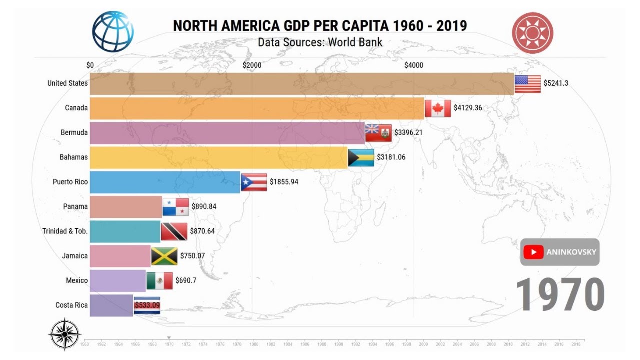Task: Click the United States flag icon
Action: pos(527,84)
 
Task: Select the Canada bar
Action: pos(257,108)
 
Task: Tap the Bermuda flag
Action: pos(378,133)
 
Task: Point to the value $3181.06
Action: pos(391,157)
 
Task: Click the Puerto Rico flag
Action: pos(254,182)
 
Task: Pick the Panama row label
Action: pos(75,206)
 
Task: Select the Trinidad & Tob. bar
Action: pos(125,231)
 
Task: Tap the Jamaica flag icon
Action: pos(164,256)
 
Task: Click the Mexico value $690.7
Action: pos(186,281)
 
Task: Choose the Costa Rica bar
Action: pos(111,305)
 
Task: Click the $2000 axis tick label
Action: pos(252,65)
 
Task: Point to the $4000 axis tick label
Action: pos(413,65)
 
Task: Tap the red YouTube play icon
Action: pos(534,252)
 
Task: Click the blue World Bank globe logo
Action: pos(113,31)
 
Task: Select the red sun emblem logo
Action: pos(532,33)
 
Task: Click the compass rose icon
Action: pos(65,334)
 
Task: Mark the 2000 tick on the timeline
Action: pos(423,344)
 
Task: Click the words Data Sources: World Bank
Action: pos(320,42)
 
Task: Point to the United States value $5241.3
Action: pos(556,83)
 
